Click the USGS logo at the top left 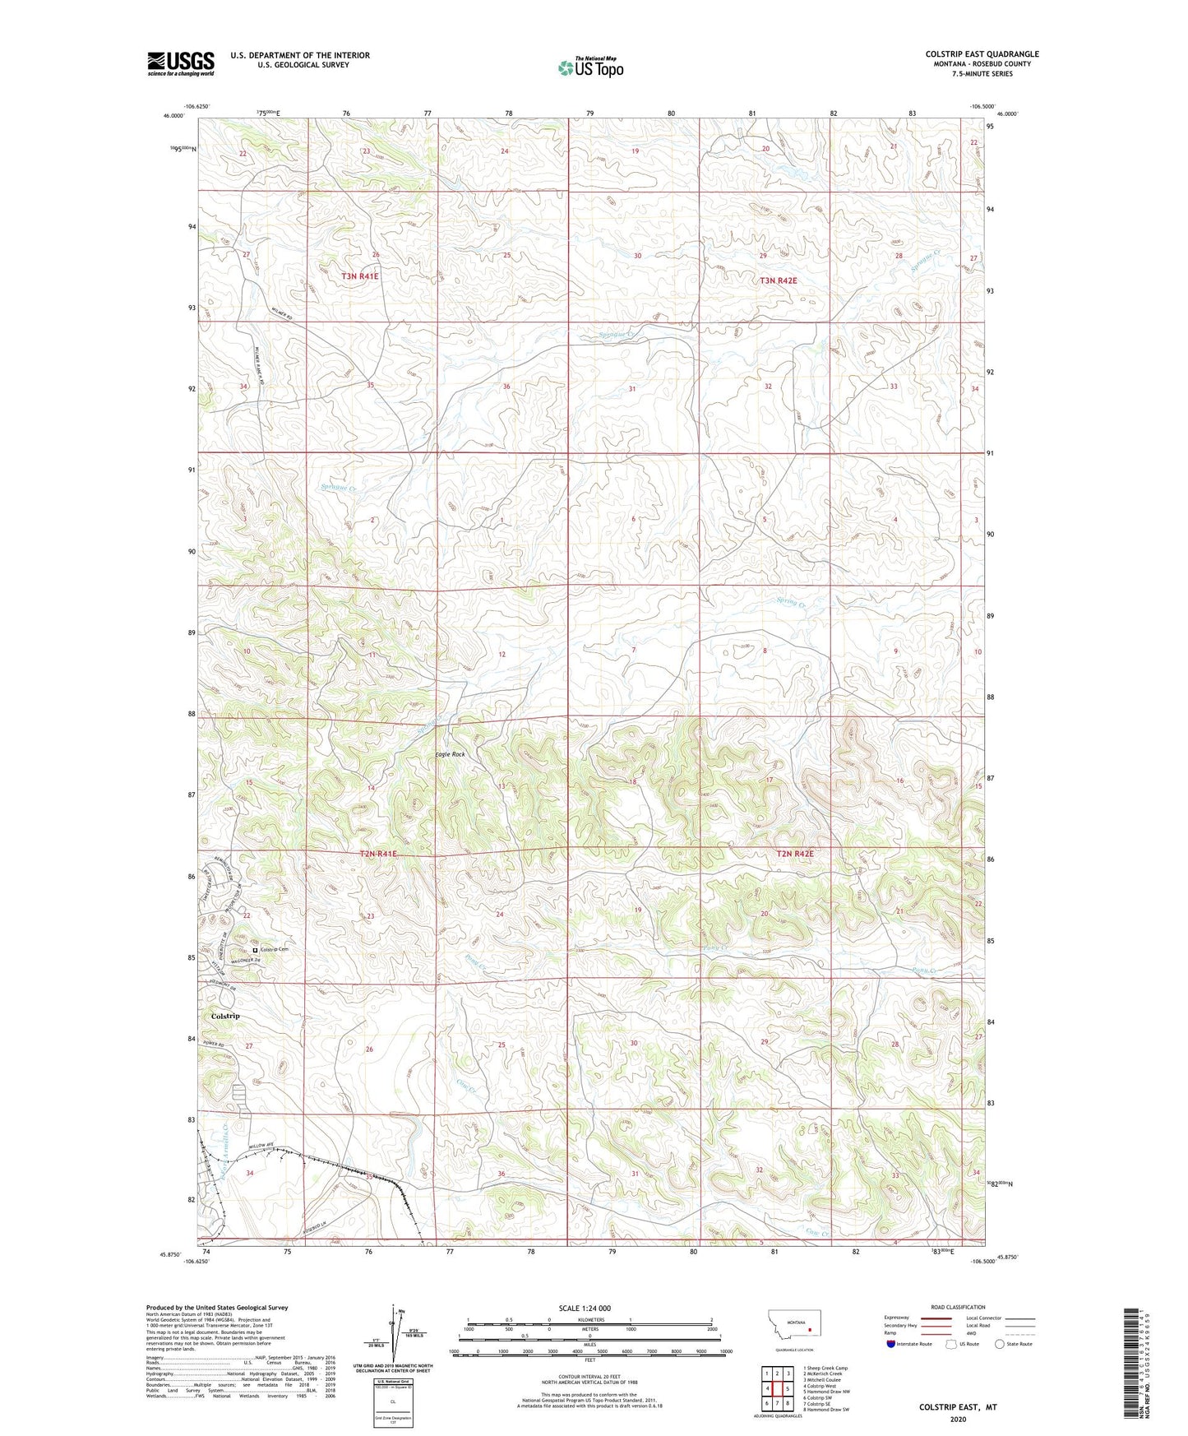click(181, 63)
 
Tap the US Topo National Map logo click(589, 67)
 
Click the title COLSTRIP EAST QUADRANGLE click(982, 54)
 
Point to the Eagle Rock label click(450, 754)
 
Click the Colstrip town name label click(225, 1016)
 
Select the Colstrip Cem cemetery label click(274, 949)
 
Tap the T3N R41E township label click(360, 276)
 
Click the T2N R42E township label click(794, 854)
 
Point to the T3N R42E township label click(778, 280)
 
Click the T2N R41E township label click(378, 854)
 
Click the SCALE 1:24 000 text click(585, 1308)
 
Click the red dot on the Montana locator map click(810, 1328)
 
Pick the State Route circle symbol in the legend click(1000, 1344)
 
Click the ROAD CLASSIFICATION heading click(958, 1307)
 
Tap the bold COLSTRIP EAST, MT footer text click(958, 1407)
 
